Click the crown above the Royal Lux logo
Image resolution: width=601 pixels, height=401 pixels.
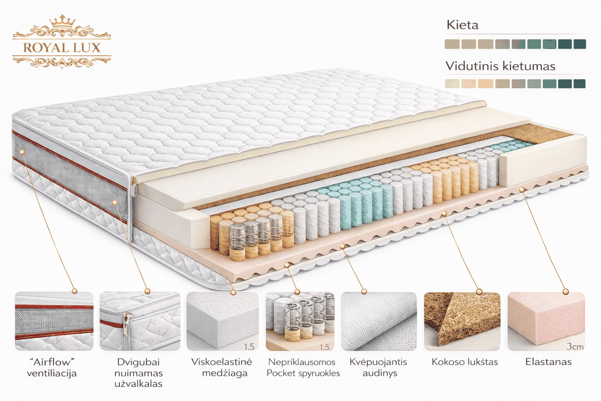click(62, 21)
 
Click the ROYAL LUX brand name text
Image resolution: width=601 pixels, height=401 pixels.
click(62, 48)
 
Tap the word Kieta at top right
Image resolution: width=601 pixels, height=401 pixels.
click(462, 25)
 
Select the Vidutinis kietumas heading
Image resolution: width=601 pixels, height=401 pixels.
click(500, 66)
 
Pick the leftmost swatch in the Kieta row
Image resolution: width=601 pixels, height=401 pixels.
click(452, 44)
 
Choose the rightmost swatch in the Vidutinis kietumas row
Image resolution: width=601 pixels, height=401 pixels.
click(579, 83)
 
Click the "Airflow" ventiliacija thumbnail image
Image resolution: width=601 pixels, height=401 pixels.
click(54, 321)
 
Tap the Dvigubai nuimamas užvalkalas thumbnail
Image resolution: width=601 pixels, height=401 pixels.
click(140, 321)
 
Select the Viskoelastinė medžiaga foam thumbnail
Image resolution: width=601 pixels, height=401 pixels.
click(222, 321)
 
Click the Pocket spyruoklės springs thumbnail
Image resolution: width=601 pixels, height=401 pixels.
click(300, 321)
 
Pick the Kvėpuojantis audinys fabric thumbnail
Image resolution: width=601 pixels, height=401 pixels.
click(379, 321)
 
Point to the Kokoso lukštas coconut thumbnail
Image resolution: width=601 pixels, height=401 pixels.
click(462, 321)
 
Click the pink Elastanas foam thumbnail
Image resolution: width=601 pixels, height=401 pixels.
click(546, 321)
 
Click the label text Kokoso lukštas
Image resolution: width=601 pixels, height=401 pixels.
click(465, 362)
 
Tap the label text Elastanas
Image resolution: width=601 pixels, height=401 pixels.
click(549, 362)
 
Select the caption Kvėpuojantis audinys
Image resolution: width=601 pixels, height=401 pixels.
click(379, 368)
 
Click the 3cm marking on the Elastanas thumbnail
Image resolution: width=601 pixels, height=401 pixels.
click(575, 346)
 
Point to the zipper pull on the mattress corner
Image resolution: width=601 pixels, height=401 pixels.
click(134, 188)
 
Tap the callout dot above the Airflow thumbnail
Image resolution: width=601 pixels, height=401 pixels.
click(75, 291)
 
